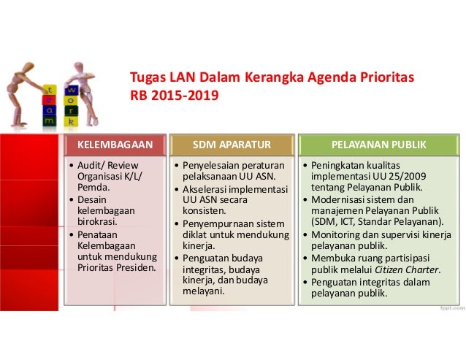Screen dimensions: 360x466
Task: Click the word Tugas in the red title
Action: click(x=147, y=77)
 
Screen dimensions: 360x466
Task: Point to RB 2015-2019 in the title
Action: click(x=173, y=95)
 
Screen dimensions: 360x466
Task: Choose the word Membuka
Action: click(x=334, y=257)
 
